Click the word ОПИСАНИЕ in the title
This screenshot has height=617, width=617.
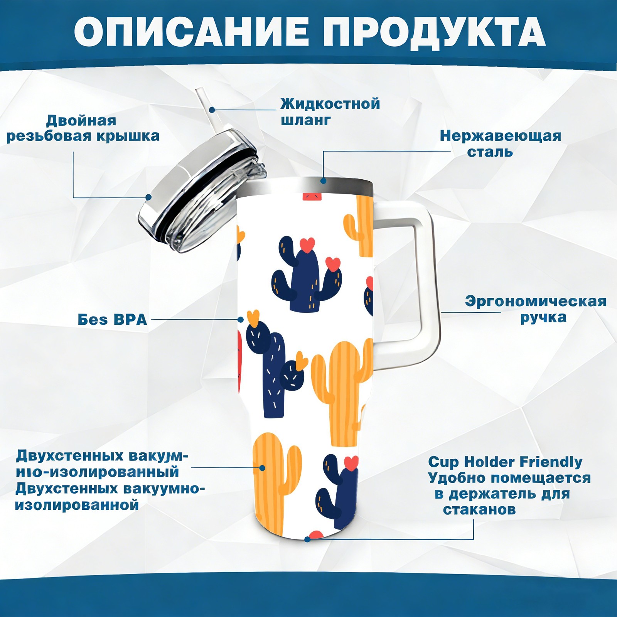[x=192, y=32]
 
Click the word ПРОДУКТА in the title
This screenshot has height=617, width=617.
[x=434, y=32]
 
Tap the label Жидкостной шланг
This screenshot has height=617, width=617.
[x=330, y=111]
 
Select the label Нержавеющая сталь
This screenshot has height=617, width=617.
[x=500, y=143]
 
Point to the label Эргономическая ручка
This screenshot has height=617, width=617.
[x=536, y=309]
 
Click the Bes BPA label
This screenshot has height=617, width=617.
[x=112, y=320]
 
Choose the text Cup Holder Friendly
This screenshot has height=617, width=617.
[x=505, y=462]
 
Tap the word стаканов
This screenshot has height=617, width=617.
[x=479, y=510]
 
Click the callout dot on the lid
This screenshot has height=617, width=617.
[x=148, y=197]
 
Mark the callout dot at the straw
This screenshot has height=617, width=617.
[x=212, y=110]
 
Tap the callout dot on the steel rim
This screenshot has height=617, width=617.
[x=323, y=180]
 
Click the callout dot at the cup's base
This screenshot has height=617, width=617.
[x=307, y=539]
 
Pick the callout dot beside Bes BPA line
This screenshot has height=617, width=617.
[x=241, y=320]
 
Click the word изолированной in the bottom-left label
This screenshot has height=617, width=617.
[x=77, y=505]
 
